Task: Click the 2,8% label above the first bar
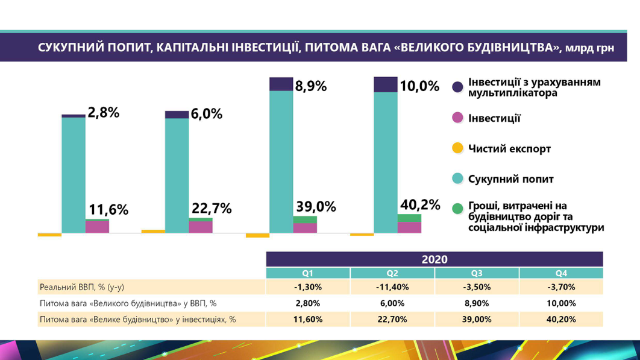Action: pos(104,112)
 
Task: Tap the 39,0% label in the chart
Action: pos(315,207)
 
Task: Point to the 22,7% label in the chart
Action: pos(212,209)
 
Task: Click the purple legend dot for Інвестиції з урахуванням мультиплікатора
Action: pos(457,87)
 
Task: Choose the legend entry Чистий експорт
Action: pos(509,148)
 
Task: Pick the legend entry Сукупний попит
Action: pos(510,179)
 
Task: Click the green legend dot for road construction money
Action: pos(457,209)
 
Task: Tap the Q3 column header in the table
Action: pos(476,273)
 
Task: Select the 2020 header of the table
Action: pos(435,259)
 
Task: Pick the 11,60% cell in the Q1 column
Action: pos(308,320)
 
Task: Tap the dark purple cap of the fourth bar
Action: pos(385,84)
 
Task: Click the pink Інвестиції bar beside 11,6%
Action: pos(97,227)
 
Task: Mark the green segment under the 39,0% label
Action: pos(305,219)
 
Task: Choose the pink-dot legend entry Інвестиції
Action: pos(494,118)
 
